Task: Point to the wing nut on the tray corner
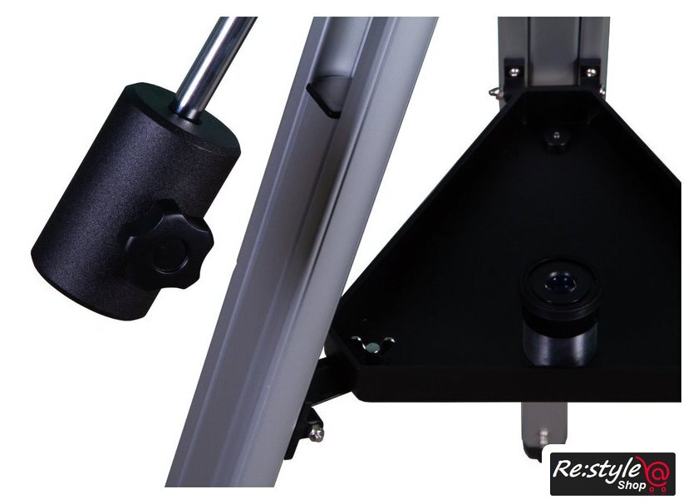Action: pos(373,345)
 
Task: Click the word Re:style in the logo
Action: pos(596,468)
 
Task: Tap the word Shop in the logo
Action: pos(632,485)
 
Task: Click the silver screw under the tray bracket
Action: pos(317,434)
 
